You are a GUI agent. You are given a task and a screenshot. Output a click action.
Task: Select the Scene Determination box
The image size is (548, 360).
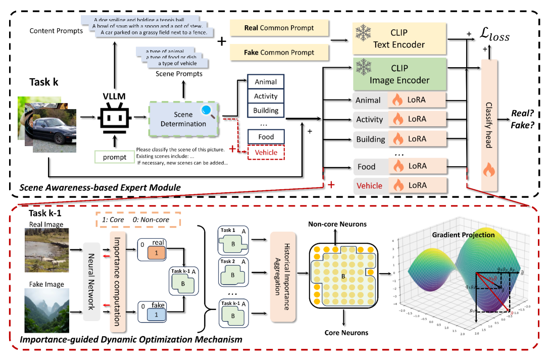click(x=183, y=119)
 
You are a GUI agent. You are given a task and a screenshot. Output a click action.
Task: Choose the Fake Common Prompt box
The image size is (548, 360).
click(x=279, y=52)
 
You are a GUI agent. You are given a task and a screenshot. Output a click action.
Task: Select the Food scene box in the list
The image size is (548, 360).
click(x=266, y=136)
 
